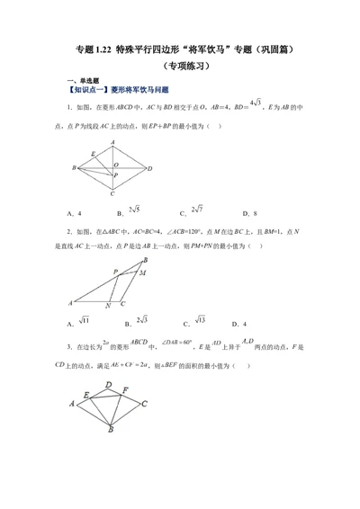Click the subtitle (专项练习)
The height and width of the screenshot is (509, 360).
pyautogui.click(x=180, y=65)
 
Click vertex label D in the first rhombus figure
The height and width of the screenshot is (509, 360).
pyautogui.click(x=150, y=168)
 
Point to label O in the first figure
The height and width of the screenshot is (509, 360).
pyautogui.click(x=116, y=165)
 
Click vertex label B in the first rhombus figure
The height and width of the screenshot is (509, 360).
pyautogui.click(x=74, y=168)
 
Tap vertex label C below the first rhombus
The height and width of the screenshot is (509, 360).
pyautogui.click(x=112, y=193)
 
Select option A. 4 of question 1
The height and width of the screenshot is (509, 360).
pyautogui.click(x=75, y=213)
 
